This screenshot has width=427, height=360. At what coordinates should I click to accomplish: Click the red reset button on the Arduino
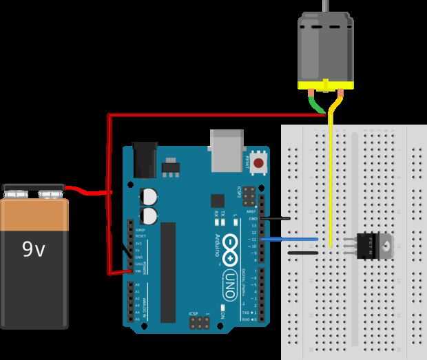259,164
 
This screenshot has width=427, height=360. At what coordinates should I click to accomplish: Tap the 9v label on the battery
33,248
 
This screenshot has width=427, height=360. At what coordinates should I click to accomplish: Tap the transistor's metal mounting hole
388,244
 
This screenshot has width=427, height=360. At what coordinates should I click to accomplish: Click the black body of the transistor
368,244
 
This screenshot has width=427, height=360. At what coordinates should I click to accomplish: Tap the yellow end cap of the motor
324,85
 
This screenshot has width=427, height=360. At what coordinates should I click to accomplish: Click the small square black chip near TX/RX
218,200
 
